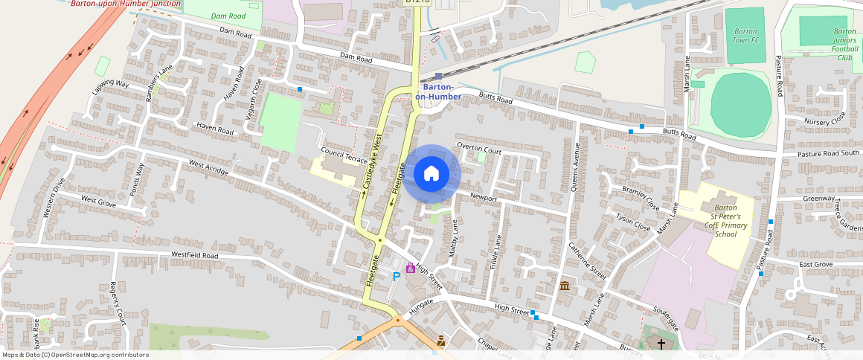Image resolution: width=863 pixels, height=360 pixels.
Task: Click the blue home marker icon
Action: tap(431, 174)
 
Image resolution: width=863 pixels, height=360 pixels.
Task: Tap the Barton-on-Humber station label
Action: tap(438, 91)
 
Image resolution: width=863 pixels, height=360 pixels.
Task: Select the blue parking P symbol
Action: tap(397, 276)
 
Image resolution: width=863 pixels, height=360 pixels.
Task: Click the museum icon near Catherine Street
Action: tap(565, 286)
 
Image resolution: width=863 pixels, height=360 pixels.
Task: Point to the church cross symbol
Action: tap(661, 344)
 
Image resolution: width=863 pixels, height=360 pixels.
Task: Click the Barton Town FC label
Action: tap(745, 36)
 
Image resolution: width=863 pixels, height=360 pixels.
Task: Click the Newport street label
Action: tap(483, 198)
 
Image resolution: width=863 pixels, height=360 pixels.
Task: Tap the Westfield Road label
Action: tap(195, 255)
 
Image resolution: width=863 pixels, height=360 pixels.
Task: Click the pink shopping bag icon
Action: tap(410, 268)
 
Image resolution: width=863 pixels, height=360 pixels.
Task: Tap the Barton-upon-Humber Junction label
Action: tap(125, 4)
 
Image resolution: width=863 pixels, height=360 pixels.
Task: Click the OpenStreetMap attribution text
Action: tap(75, 355)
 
